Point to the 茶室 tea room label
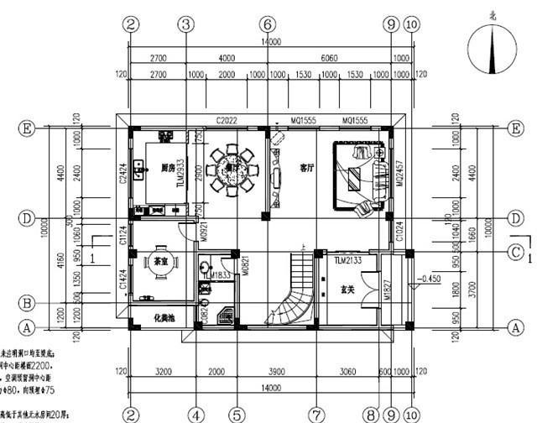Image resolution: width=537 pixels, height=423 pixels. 157,261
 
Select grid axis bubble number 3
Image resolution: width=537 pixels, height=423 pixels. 185,24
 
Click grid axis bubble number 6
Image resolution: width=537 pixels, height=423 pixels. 267,24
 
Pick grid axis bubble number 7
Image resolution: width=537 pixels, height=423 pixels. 315,414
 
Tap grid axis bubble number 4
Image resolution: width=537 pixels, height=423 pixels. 195,414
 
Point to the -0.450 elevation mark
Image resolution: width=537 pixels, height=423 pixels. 430,279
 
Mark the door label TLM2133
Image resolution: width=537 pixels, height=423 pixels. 347,261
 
